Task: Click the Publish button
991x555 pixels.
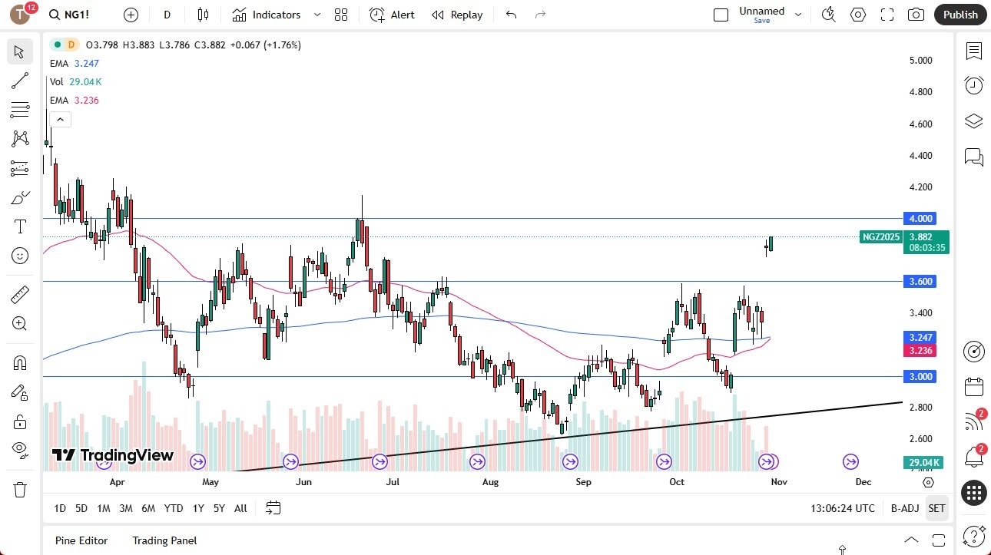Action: (x=960, y=15)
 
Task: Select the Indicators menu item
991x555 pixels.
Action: (x=267, y=15)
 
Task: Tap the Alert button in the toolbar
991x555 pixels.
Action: (x=392, y=15)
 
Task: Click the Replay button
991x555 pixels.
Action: (x=457, y=15)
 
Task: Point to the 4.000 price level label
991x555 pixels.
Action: (x=920, y=218)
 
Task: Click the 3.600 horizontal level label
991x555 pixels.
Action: (x=920, y=281)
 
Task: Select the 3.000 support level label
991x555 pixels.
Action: (x=920, y=376)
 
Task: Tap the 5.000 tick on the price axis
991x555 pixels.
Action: (x=920, y=60)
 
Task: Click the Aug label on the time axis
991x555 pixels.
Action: (x=490, y=482)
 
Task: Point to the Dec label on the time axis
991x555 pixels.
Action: (x=863, y=482)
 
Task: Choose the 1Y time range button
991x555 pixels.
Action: (x=198, y=508)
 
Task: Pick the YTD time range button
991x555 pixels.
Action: (x=174, y=508)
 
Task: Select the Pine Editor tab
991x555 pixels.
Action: (x=81, y=540)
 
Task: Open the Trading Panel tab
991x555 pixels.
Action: (x=164, y=540)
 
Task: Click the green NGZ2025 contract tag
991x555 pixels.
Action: (x=880, y=237)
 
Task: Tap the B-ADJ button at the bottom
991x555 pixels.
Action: (x=905, y=508)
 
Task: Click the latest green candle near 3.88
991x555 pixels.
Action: (x=771, y=243)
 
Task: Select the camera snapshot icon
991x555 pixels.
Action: (x=916, y=15)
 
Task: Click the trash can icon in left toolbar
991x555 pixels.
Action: (x=20, y=490)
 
